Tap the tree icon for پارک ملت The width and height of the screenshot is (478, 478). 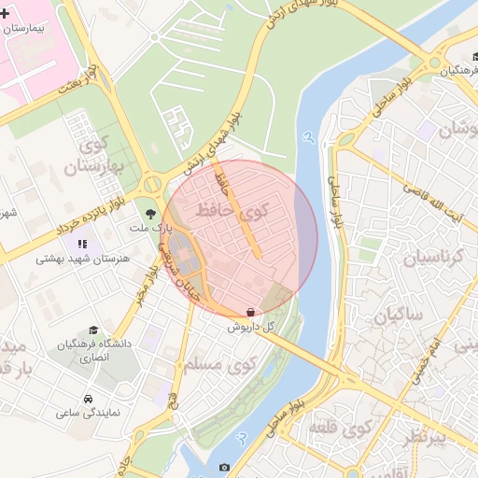coord(150,214)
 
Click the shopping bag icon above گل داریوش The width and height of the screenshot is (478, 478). coord(249,312)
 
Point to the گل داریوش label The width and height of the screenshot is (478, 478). coord(250,327)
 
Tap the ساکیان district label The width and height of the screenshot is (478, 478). coord(398,316)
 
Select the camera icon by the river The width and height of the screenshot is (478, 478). coord(224,467)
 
